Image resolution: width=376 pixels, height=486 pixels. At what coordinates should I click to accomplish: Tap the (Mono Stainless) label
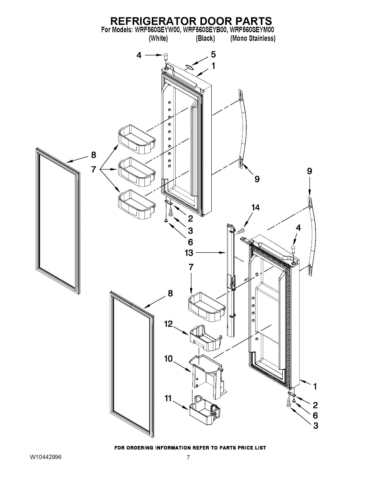(x=253, y=38)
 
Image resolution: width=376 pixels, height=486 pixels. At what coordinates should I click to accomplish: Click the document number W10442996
(x=45, y=457)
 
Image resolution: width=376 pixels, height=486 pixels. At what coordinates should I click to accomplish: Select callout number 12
(x=168, y=324)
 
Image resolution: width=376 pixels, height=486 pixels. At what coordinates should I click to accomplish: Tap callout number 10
(x=168, y=359)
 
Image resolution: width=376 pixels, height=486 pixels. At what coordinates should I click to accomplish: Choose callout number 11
(x=168, y=399)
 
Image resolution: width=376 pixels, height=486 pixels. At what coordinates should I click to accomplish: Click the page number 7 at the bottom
(x=188, y=458)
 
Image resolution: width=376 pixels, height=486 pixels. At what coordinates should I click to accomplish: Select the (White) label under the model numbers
(x=158, y=38)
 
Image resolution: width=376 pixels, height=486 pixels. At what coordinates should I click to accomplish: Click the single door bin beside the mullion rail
(x=206, y=307)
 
